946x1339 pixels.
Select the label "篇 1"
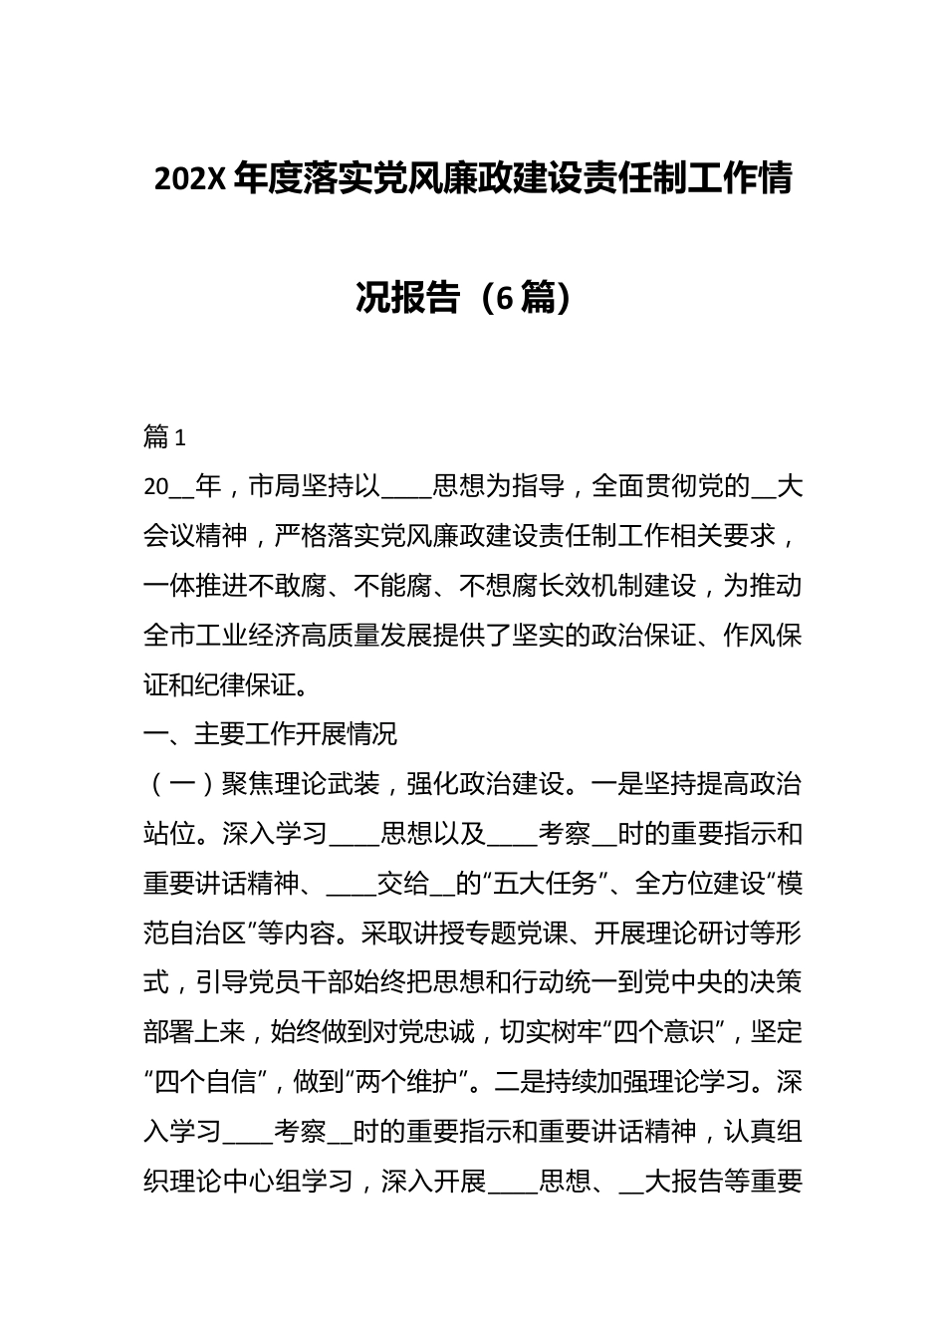(165, 437)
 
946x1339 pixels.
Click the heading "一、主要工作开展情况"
(271, 734)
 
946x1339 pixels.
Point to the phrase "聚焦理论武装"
(301, 784)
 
